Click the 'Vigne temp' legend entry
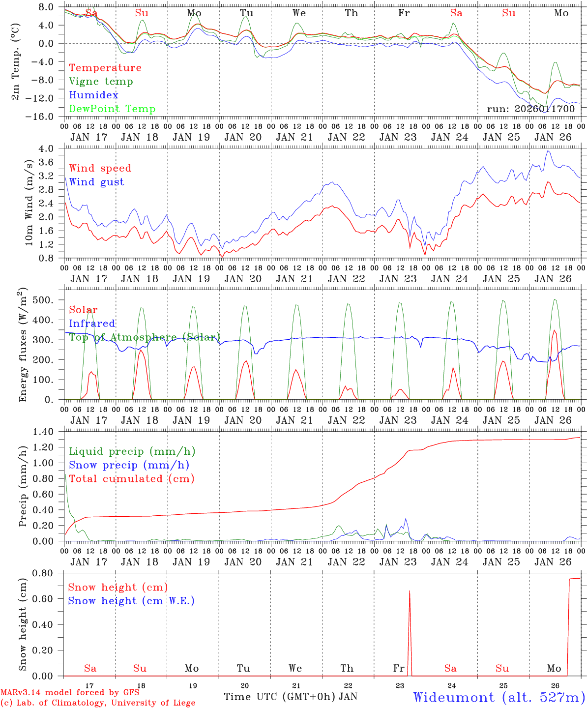coord(101,82)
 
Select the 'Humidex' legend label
coord(93,95)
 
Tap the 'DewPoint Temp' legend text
coord(112,109)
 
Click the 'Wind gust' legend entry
coord(96,182)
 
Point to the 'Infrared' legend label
coord(92,324)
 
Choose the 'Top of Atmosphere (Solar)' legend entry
coord(144,337)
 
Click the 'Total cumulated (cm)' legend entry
coord(131,478)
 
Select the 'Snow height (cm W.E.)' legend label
coord(131,601)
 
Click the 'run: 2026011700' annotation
coord(530,109)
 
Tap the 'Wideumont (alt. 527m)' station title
coord(499,697)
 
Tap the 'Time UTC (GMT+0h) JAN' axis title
coord(290,697)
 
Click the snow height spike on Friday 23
coord(410,591)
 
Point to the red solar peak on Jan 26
coord(555,331)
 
